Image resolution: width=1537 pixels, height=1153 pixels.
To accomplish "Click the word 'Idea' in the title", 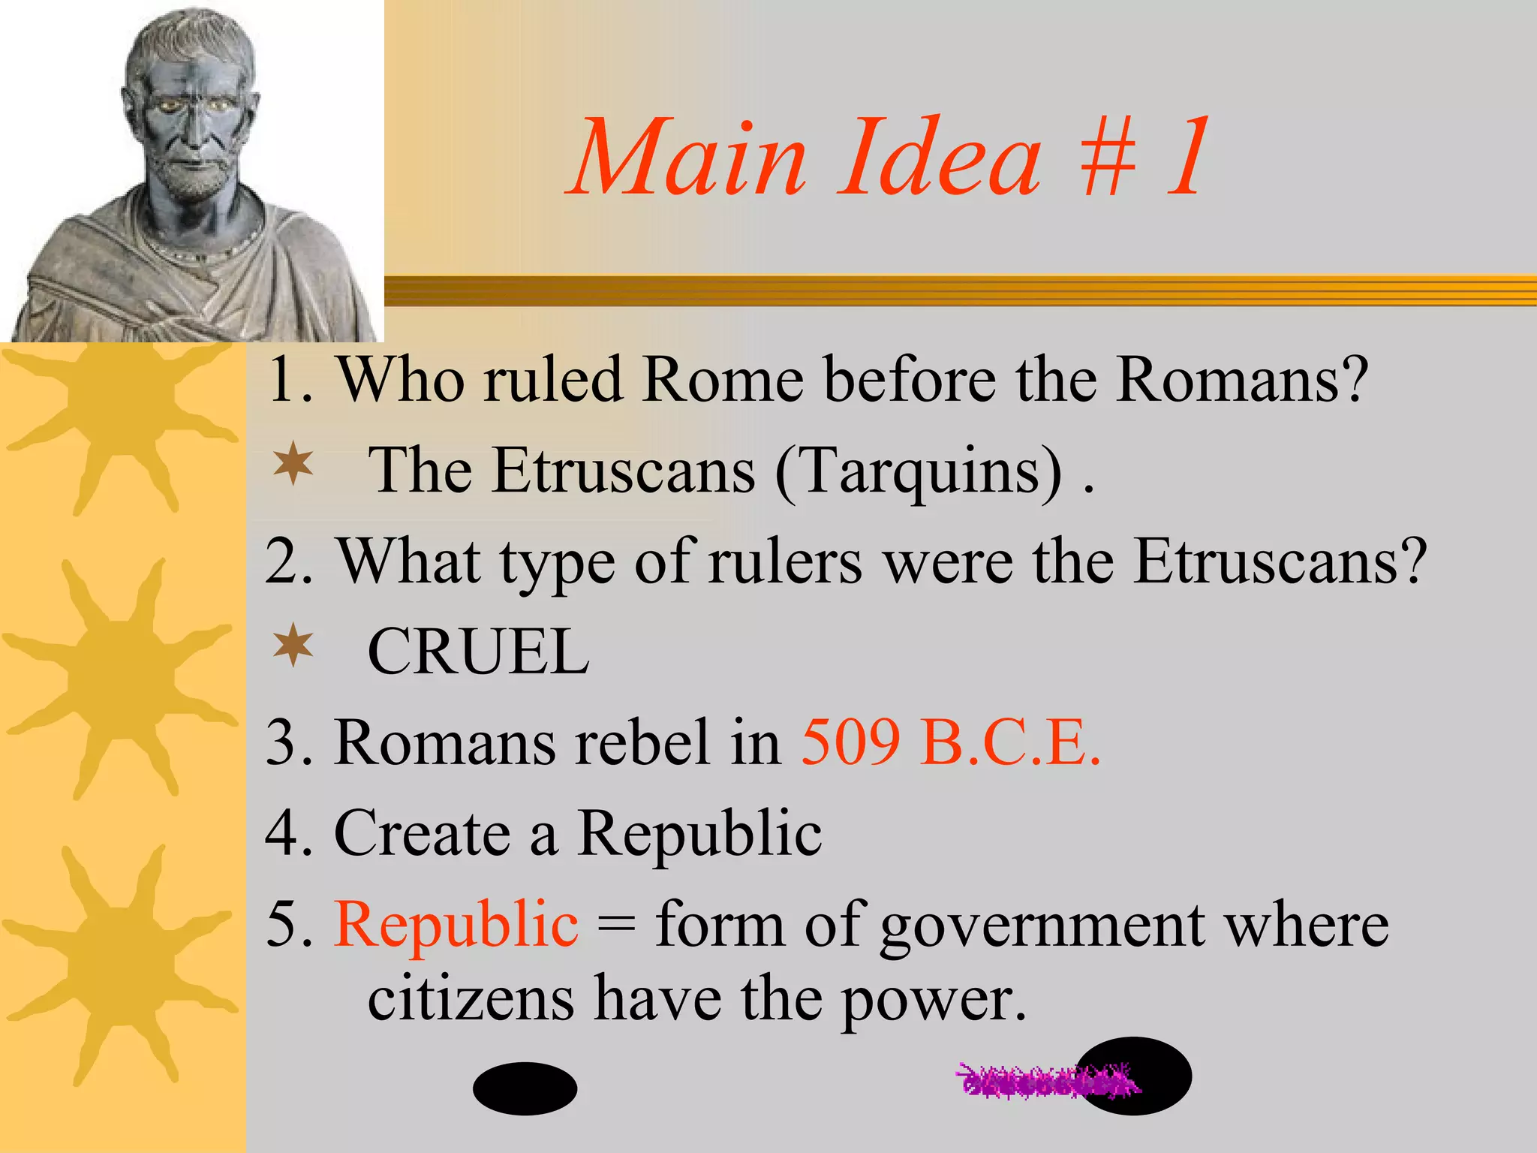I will pyautogui.click(x=938, y=159).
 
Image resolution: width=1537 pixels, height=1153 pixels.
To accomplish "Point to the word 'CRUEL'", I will pyautogui.click(x=478, y=652).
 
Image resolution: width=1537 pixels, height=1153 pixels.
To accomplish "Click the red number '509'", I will pyautogui.click(x=850, y=743).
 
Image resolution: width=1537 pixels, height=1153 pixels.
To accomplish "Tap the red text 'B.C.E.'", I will pyautogui.click(x=1011, y=743).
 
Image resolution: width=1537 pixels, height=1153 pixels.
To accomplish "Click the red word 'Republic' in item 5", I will pyautogui.click(x=456, y=923).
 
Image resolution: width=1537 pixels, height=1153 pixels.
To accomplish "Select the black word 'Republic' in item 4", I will pyautogui.click(x=699, y=833).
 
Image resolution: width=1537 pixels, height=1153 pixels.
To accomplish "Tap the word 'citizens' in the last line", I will pyautogui.click(x=471, y=1000).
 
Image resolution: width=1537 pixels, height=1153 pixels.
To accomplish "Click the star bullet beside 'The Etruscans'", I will pyautogui.click(x=293, y=464).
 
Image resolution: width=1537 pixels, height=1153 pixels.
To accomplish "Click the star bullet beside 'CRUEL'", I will pyautogui.click(x=293, y=645).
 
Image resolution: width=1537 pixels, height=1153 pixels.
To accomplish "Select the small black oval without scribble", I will pyautogui.click(x=525, y=1088).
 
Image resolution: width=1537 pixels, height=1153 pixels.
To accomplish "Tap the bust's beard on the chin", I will pyautogui.click(x=191, y=180).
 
